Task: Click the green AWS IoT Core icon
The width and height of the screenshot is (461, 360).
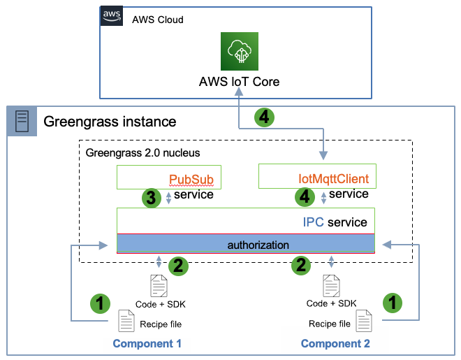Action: [240, 51]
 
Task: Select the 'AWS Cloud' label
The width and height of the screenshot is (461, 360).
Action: [158, 20]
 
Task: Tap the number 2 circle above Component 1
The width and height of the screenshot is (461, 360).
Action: [178, 265]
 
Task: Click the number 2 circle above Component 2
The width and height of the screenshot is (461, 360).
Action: [302, 265]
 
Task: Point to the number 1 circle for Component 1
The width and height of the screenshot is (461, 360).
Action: [101, 303]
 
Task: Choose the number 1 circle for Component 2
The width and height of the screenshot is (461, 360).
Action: [393, 303]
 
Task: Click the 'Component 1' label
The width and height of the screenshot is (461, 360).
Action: [147, 343]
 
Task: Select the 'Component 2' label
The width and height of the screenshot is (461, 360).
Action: [335, 343]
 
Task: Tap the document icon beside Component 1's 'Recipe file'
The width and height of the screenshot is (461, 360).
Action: [126, 321]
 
